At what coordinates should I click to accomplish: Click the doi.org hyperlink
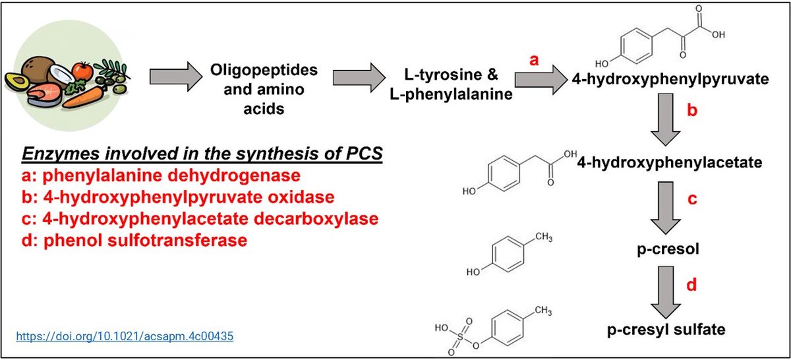click(x=124, y=336)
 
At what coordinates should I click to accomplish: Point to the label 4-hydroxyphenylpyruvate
click(x=672, y=80)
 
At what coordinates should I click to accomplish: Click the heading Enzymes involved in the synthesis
click(x=204, y=156)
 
